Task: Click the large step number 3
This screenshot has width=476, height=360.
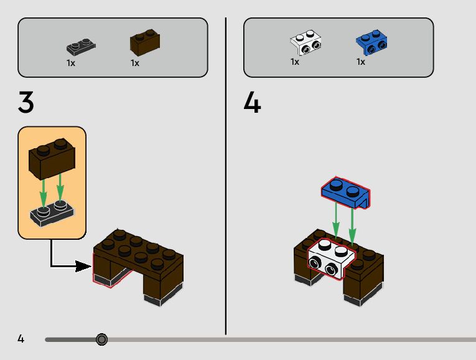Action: (26, 102)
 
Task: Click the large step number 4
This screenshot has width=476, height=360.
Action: (252, 102)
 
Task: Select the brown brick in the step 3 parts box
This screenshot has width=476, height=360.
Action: (144, 42)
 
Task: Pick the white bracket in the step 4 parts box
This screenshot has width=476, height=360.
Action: (306, 42)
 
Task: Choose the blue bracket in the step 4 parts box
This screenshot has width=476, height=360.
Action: (371, 42)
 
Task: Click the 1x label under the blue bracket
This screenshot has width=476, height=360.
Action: (360, 62)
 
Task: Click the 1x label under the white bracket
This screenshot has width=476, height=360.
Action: (294, 62)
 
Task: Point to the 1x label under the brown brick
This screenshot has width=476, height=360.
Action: (135, 63)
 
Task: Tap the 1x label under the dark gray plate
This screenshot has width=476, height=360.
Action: (71, 63)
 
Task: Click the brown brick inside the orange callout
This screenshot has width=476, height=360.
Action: (52, 159)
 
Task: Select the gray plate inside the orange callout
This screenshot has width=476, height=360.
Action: (53, 214)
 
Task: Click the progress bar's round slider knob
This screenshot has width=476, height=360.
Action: (102, 339)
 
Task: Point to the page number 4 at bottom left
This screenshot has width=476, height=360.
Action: (21, 339)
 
